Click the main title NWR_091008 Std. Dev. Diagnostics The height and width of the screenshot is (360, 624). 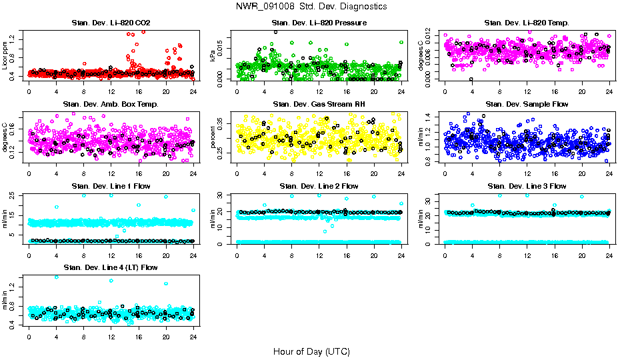point(311,6)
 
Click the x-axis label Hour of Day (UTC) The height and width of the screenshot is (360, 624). point(311,351)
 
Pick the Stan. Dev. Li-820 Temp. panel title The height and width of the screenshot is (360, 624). point(527,23)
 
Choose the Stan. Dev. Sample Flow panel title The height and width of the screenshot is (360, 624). point(527,104)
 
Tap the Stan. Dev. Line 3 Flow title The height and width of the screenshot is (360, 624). point(527,186)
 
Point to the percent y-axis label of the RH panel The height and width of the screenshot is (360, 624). point(213,137)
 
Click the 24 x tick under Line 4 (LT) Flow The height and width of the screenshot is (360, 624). point(193,337)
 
